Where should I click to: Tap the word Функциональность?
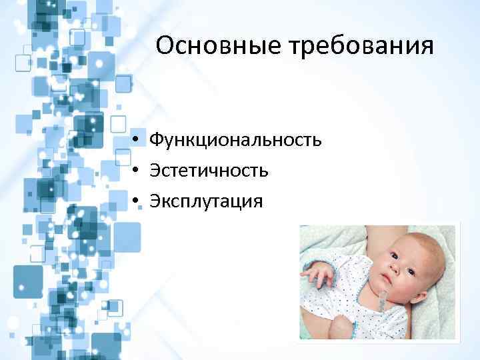pyautogui.click(x=235, y=140)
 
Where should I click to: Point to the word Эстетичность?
pyautogui.click(x=209, y=171)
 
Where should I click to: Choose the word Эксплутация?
pyautogui.click(x=206, y=201)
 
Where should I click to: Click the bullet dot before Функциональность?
pyautogui.click(x=135, y=141)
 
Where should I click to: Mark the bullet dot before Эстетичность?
pyautogui.click(x=135, y=171)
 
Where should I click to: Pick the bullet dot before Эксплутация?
pyautogui.click(x=135, y=201)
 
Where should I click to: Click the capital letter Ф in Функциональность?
pyautogui.click(x=156, y=140)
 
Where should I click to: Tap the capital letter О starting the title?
pyautogui.click(x=165, y=46)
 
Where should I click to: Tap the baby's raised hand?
pyautogui.click(x=319, y=274)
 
